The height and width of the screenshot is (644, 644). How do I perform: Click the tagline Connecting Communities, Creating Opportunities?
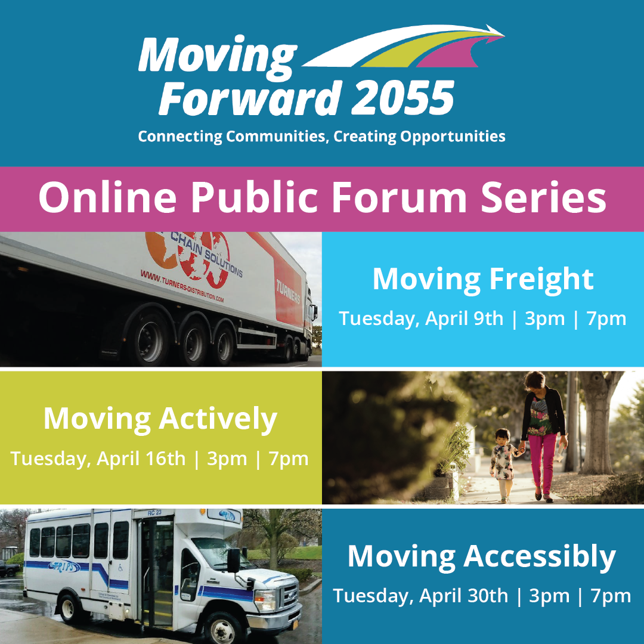(x=321, y=137)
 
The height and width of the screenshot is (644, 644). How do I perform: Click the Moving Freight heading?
(x=483, y=279)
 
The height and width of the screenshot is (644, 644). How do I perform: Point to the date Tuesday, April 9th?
(x=421, y=318)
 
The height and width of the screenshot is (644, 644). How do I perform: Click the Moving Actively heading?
(x=160, y=419)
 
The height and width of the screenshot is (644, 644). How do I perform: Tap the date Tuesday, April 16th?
(x=98, y=459)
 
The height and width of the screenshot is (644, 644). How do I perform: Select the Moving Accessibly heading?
(x=482, y=556)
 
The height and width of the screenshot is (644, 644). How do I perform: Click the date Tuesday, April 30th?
(x=420, y=595)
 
